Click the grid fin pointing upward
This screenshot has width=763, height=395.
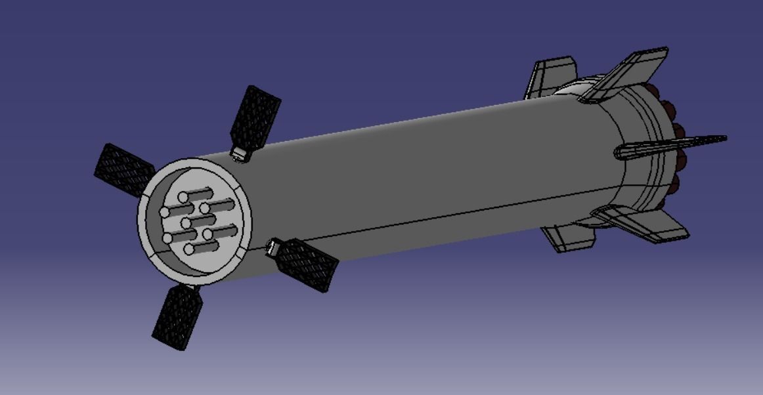point(257,117)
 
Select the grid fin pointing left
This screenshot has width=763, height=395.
point(121,170)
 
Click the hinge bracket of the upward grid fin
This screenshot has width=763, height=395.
point(240,155)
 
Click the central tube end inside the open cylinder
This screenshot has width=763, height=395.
point(186,223)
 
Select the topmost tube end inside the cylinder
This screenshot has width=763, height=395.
point(183,197)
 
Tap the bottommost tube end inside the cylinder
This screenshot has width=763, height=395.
point(188,249)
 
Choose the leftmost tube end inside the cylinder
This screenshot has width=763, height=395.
point(162,212)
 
